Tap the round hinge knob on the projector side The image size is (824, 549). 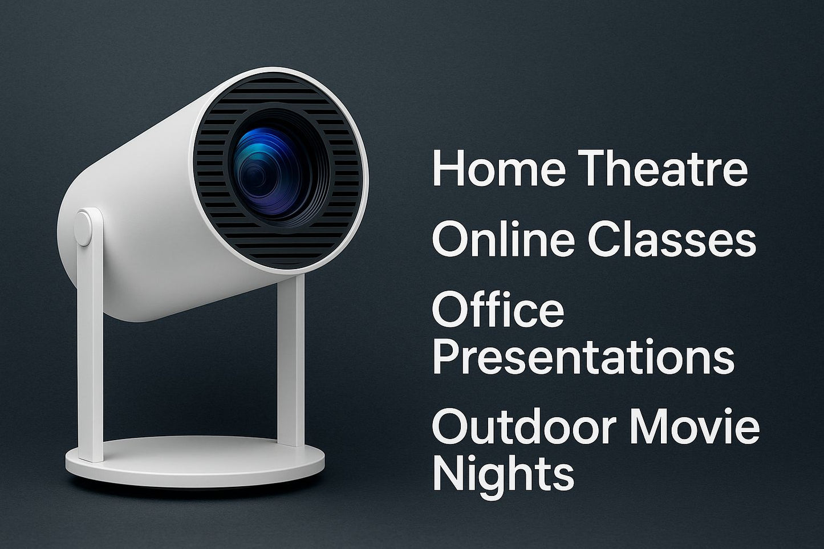click(84, 227)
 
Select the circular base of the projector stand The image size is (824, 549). click(194, 462)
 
